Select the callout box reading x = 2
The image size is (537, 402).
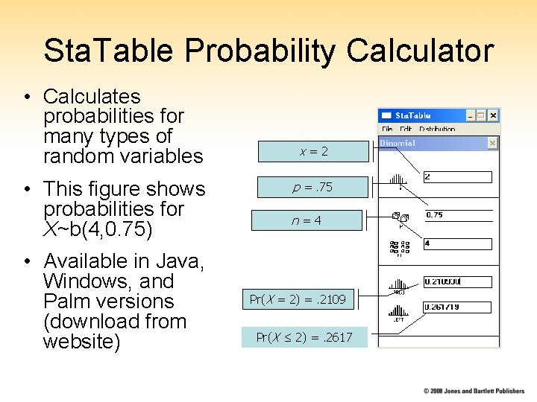[x=313, y=151]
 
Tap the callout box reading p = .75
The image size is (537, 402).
[x=313, y=187]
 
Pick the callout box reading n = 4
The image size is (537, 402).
[x=307, y=220]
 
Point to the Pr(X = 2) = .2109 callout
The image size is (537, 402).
[x=298, y=299]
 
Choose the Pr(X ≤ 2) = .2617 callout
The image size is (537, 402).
[x=304, y=337]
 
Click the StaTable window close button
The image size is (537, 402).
[x=493, y=116]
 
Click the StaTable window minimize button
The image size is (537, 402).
[x=470, y=116]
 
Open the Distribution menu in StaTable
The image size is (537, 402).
[x=436, y=129]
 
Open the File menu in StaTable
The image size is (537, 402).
[x=387, y=129]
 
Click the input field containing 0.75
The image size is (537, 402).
[x=457, y=215]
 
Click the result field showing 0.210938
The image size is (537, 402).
[x=457, y=282]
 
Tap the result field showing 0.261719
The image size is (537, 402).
[x=457, y=307]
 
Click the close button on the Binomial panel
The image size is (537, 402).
[x=492, y=143]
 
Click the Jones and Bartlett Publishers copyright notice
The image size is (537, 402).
[x=474, y=391]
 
